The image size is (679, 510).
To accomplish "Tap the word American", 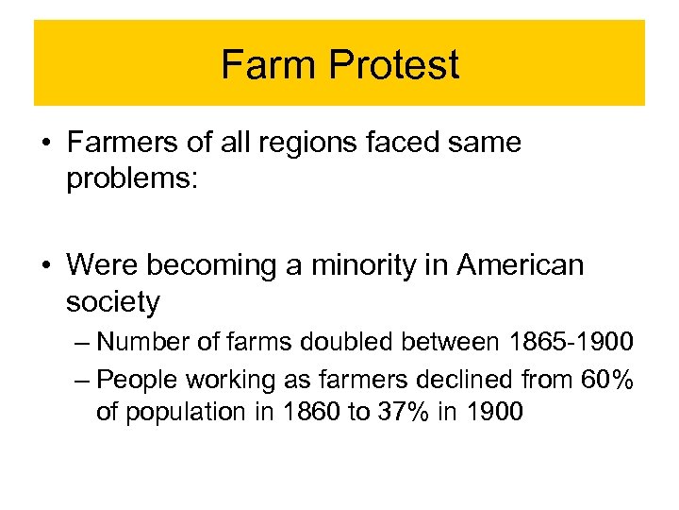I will [521, 265].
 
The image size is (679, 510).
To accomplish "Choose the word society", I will [113, 302].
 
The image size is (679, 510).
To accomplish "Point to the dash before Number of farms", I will [80, 341].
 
